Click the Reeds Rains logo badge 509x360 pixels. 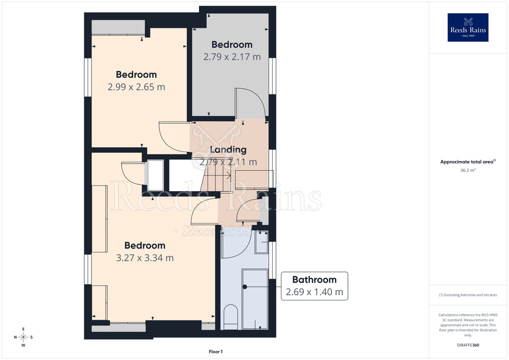pos(468,27)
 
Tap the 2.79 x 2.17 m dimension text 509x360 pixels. pos(232,57)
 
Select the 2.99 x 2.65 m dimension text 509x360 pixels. pos(137,87)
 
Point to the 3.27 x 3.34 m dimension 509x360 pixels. pos(145,258)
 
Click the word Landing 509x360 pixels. pos(228,150)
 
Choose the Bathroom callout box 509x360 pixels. pos(314,286)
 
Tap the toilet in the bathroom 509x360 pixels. pos(230,317)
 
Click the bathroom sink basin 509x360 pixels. pos(261,242)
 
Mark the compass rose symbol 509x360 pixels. pos(23,337)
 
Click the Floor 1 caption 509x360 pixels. pos(216,352)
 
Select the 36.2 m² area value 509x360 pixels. pos(468,170)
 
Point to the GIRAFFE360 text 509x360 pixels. pos(468,345)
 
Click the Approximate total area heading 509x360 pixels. pos(467,162)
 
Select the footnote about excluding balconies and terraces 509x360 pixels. pos(468,295)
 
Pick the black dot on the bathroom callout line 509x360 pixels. pos(245,286)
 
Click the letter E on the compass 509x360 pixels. pos(23,329)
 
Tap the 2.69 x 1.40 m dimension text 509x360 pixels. pos(314,292)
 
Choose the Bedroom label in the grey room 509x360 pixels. pos(232,45)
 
